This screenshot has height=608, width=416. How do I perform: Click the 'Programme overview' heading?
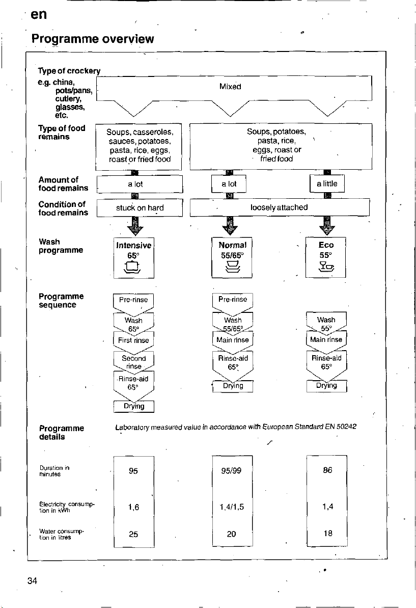click(x=93, y=39)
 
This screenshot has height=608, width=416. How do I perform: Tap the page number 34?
click(x=33, y=580)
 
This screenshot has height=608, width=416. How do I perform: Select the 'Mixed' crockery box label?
click(x=230, y=87)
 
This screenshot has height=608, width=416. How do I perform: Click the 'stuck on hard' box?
click(x=140, y=208)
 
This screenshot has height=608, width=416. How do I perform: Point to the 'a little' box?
click(x=327, y=183)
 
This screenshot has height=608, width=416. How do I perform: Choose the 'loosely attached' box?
click(x=279, y=207)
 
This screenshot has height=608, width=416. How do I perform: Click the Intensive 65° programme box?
click(x=133, y=258)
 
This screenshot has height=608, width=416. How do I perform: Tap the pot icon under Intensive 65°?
click(x=132, y=267)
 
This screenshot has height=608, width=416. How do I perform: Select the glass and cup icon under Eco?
click(x=326, y=266)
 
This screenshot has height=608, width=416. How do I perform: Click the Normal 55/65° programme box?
click(x=232, y=257)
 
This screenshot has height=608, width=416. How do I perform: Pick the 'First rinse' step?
click(x=133, y=340)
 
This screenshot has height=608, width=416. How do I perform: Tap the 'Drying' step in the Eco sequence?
click(x=326, y=386)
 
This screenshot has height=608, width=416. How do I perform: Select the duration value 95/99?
click(x=231, y=471)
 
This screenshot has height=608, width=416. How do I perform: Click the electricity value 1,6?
click(x=133, y=507)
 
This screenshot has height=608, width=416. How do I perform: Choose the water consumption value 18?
click(x=328, y=533)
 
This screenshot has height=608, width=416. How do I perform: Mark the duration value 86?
click(x=328, y=470)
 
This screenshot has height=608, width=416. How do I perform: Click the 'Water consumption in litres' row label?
click(x=62, y=534)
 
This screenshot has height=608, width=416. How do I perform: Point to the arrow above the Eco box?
click(x=327, y=226)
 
